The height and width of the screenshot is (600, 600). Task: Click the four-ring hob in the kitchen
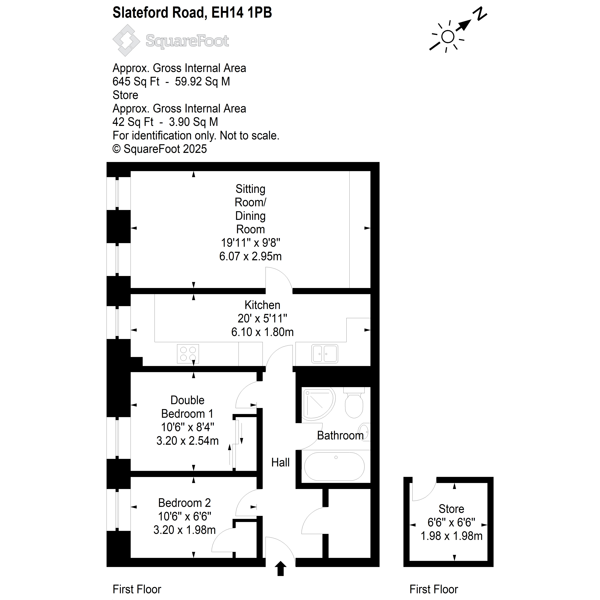188,354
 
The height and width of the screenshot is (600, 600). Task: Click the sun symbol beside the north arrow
447,37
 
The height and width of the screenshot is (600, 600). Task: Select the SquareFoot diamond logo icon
126,40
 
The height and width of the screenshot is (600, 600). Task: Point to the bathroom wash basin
365,432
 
